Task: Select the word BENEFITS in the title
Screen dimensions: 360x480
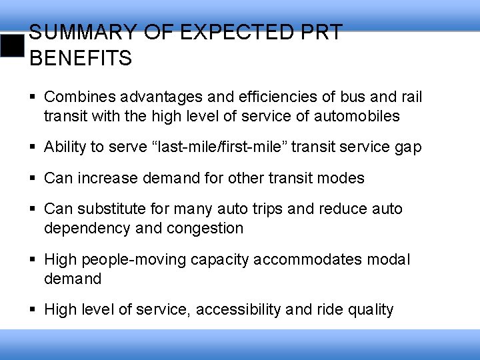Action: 81,58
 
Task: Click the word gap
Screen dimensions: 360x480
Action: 407,147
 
